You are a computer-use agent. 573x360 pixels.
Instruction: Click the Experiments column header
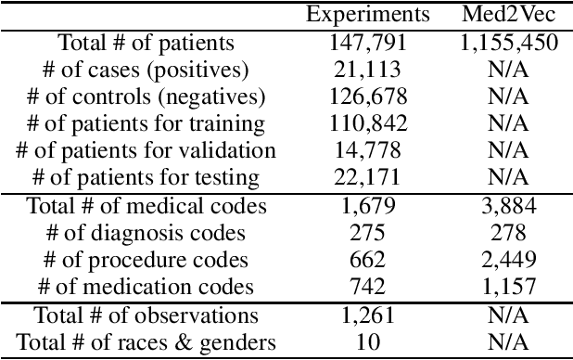tap(368, 14)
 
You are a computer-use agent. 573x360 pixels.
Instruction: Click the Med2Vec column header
tap(507, 14)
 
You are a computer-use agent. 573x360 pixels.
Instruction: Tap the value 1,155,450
tap(507, 42)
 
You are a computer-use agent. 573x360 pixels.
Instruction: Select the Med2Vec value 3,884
tap(507, 206)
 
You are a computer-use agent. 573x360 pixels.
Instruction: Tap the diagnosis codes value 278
tap(507, 233)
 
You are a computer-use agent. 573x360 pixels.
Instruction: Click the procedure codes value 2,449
tap(507, 260)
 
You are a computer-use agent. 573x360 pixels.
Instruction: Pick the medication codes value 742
tap(368, 288)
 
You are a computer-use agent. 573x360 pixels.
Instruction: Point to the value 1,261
tap(368, 316)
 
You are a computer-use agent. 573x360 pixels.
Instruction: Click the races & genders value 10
tap(368, 343)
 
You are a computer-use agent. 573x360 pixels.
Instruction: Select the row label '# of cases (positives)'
tap(146, 69)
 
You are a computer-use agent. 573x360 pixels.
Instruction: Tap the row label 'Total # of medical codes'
tap(146, 206)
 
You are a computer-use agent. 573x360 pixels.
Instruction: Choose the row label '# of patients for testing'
tap(146, 177)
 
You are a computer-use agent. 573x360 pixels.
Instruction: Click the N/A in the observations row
tap(507, 316)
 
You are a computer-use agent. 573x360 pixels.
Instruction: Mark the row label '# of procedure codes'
tap(146, 260)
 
